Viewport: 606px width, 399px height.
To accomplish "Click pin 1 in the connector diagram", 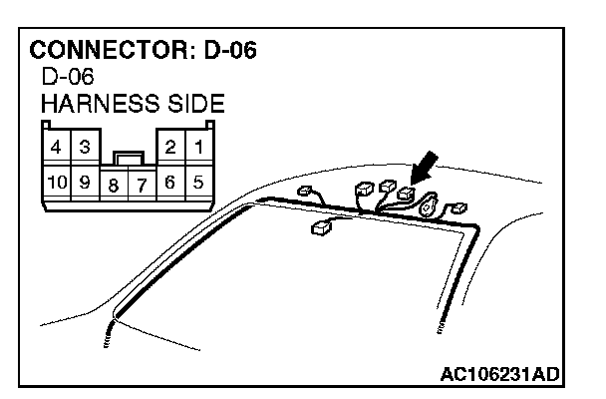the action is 199,147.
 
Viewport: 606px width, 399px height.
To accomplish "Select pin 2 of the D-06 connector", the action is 170,147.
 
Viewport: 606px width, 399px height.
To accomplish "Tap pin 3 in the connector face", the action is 85,147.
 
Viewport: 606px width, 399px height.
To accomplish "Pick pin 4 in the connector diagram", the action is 57,147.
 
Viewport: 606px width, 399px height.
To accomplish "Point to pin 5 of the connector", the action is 199,182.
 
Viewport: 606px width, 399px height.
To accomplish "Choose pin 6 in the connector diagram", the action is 170,182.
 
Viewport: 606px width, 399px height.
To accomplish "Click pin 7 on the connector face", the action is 142,185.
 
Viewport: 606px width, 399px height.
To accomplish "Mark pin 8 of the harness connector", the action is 115,185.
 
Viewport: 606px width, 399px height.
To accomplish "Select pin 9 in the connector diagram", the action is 85,182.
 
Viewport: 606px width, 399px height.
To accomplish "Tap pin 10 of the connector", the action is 57,182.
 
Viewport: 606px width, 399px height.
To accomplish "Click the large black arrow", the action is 423,169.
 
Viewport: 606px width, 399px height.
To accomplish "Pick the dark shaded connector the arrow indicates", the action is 405,194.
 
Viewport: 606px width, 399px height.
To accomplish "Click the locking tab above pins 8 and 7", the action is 127,157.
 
